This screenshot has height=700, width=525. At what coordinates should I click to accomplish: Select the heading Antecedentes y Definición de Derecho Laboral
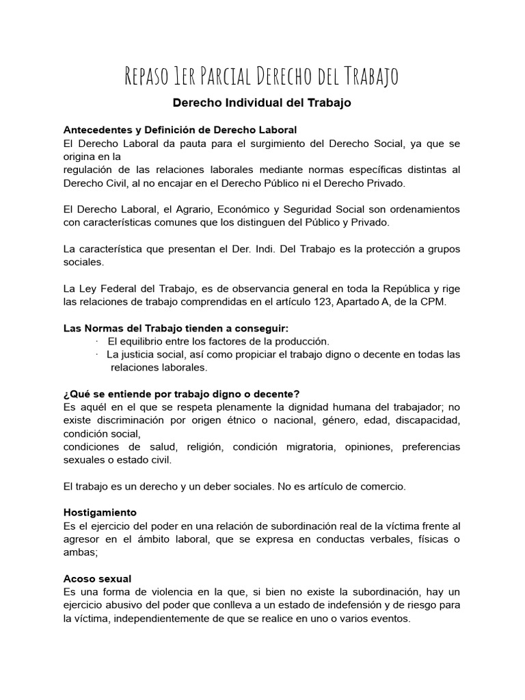pyautogui.click(x=180, y=130)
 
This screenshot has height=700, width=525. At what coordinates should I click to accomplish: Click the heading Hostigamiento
pyautogui.click(x=100, y=512)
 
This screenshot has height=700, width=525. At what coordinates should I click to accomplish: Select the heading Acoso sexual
pyautogui.click(x=97, y=578)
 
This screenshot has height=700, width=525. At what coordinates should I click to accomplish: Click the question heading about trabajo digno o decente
pyautogui.click(x=181, y=394)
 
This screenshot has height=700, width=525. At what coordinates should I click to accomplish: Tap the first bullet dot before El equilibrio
pyautogui.click(x=97, y=341)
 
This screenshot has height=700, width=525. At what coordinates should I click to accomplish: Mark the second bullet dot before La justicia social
pyautogui.click(x=97, y=354)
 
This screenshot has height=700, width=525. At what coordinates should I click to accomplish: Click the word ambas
pyautogui.click(x=79, y=552)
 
